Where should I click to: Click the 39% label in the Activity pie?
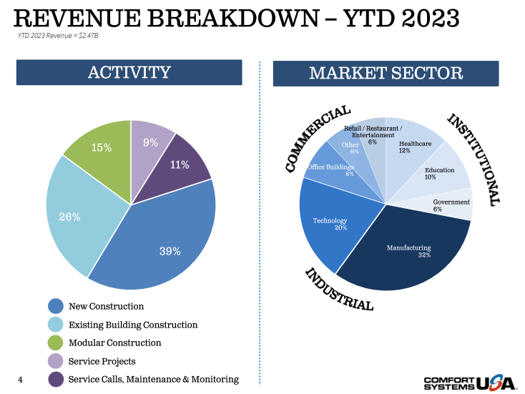tap(170, 251)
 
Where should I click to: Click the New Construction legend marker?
tap(56, 307)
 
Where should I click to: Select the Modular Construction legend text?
tap(114, 343)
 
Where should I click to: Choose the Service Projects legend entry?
tap(102, 361)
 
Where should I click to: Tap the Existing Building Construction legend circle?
tap(56, 325)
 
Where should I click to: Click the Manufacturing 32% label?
tap(410, 251)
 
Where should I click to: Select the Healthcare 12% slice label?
tap(415, 147)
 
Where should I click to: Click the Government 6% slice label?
tap(451, 205)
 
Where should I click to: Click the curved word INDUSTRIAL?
tap(339, 290)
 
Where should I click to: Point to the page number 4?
tap(20, 379)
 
